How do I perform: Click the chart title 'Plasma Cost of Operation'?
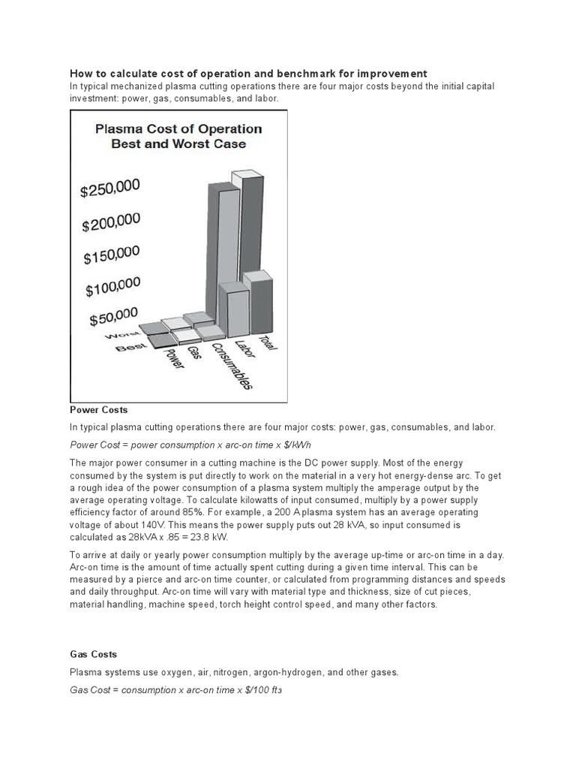178,128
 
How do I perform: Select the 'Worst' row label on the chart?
124,334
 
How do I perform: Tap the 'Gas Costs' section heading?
93,655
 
